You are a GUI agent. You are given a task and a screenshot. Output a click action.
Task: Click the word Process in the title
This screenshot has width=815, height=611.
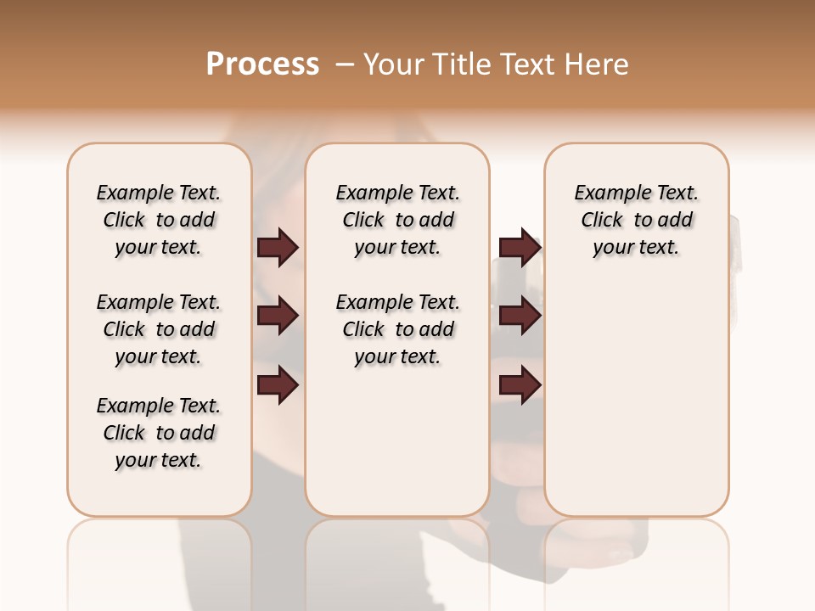(x=262, y=64)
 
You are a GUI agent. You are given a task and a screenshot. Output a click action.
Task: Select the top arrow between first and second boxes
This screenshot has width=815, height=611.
(x=278, y=248)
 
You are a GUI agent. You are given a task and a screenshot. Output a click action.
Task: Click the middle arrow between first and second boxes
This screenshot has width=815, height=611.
(x=278, y=317)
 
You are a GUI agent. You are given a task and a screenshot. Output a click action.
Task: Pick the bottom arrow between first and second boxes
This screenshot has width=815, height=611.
(x=278, y=386)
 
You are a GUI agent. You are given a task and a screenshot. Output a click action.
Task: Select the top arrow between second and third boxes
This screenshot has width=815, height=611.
(x=520, y=248)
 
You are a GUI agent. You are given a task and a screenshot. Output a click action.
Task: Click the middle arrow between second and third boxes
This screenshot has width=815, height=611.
(x=520, y=317)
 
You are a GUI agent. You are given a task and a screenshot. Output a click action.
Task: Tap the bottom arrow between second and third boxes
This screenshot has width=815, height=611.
(x=520, y=386)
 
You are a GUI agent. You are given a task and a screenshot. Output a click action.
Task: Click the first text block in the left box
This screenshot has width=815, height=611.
(x=159, y=220)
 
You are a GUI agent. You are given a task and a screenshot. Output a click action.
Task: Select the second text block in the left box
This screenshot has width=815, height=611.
(x=159, y=329)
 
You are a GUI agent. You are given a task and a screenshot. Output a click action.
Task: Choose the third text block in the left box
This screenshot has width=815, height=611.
(x=159, y=433)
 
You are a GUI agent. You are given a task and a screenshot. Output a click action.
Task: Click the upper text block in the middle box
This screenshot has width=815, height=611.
(x=398, y=220)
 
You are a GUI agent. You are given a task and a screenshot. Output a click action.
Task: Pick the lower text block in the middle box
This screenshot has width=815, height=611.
(x=398, y=329)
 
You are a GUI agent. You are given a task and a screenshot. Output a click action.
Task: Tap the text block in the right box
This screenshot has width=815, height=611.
(x=637, y=220)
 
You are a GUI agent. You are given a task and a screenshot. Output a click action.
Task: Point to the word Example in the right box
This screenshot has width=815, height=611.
(x=605, y=193)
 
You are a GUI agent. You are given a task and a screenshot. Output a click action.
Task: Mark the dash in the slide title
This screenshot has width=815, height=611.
(x=345, y=64)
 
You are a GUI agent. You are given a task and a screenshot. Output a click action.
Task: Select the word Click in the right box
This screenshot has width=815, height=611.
(x=602, y=221)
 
